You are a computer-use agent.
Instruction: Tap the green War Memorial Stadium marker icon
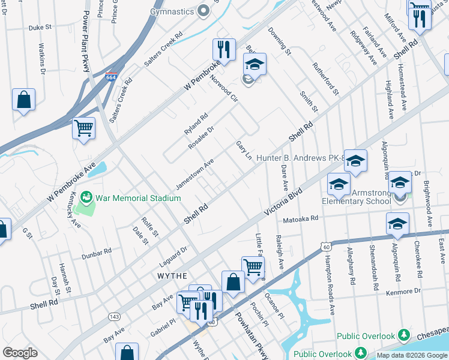87,197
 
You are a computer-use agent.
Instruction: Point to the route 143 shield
113,316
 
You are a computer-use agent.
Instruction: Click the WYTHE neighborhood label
172,275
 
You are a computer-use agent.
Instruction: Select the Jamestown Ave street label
195,173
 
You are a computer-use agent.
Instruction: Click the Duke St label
41,28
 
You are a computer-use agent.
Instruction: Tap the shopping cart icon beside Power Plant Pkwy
84,127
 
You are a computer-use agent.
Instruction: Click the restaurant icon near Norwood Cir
224,49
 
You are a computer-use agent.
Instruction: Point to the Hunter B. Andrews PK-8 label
300,158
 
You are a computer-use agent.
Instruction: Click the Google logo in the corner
20,353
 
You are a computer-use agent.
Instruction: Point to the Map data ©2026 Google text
411,355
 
